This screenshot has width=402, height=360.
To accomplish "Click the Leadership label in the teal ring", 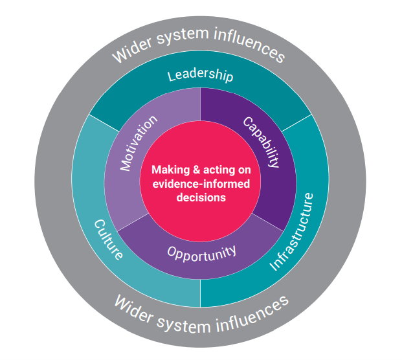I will tap(200, 76).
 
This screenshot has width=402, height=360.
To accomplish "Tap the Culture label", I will tap(108, 239).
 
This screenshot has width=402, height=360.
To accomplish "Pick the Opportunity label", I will tap(201, 251).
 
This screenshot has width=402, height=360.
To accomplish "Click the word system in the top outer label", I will tap(181, 41).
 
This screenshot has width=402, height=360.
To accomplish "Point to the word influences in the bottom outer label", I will tap(252, 309).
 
